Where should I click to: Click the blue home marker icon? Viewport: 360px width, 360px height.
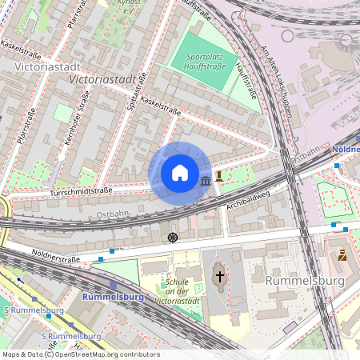tap(179, 173)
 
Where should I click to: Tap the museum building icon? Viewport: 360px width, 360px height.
tap(206, 182)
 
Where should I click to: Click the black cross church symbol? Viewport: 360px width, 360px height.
tap(220, 277)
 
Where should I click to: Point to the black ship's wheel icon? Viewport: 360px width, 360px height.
tap(173, 238)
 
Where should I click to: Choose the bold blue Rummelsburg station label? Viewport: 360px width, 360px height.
tap(112, 297)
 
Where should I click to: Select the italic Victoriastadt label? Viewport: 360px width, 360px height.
tap(102, 81)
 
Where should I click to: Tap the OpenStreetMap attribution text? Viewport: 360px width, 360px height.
tap(80, 354)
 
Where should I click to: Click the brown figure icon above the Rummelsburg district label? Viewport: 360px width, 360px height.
tap(342, 256)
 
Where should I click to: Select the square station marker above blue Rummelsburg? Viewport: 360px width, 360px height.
tap(113, 285)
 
